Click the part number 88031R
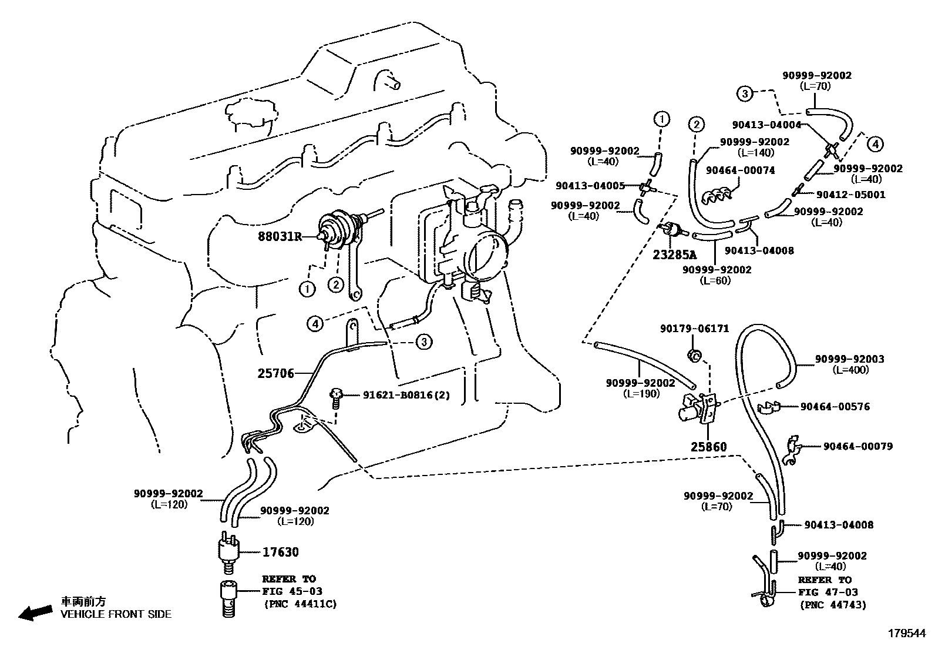[280, 237]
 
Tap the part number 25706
[275, 373]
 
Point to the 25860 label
[708, 447]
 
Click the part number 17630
[280, 552]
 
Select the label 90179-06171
[694, 329]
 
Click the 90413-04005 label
[589, 186]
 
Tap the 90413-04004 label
[766, 125]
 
